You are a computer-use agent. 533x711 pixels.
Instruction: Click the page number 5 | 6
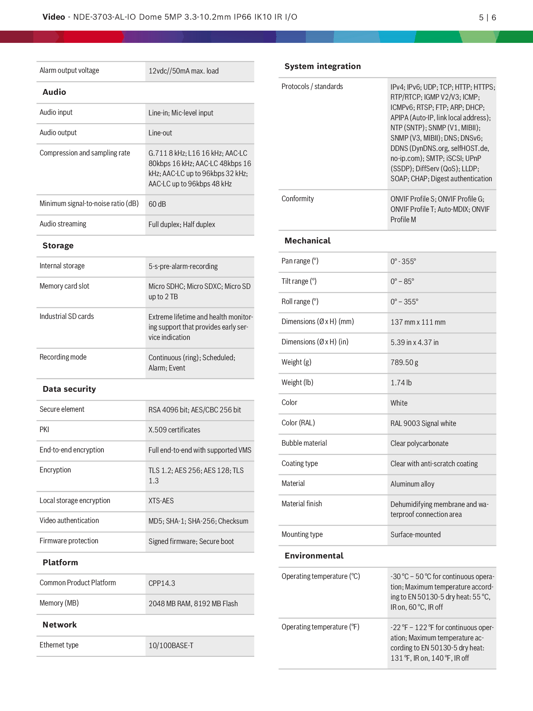[487, 17]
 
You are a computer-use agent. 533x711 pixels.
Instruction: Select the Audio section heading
[54, 92]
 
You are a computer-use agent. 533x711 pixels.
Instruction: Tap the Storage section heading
[58, 246]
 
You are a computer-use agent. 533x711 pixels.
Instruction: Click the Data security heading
[69, 389]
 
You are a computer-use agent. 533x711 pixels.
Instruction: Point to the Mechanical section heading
[307, 241]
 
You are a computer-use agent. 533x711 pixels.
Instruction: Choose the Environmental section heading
[314, 556]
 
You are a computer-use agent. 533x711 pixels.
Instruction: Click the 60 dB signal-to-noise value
[157, 204]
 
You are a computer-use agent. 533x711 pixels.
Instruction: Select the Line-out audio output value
[160, 133]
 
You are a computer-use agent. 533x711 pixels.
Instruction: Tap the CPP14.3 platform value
[162, 583]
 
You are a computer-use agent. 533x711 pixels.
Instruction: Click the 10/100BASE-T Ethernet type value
[171, 646]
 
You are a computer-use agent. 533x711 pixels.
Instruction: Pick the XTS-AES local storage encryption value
[161, 501]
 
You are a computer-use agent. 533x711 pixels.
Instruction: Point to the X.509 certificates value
[174, 430]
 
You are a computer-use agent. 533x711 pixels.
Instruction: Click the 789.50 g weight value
[404, 362]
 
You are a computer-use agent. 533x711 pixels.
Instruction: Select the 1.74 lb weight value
[401, 383]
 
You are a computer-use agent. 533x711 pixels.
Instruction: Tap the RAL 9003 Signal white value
[423, 423]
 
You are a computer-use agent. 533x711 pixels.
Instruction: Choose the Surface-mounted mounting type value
[415, 535]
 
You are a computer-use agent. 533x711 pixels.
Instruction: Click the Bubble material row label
[304, 443]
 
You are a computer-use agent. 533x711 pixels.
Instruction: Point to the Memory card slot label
[64, 286]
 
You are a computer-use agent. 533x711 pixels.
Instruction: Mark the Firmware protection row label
[69, 541]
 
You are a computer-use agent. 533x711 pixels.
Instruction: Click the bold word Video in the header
[53, 17]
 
